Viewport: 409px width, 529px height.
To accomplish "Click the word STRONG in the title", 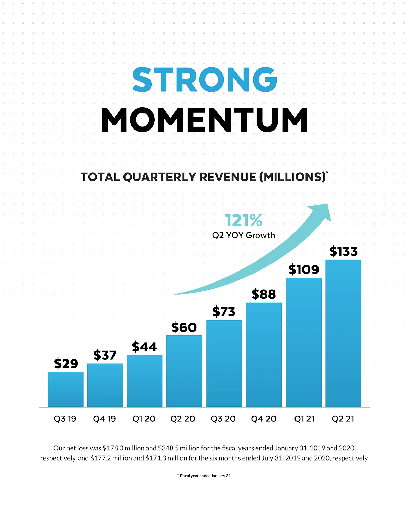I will [204, 79].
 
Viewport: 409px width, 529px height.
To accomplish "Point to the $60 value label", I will [184, 327].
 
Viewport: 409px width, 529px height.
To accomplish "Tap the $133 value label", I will [343, 251].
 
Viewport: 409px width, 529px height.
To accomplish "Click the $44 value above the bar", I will [144, 347].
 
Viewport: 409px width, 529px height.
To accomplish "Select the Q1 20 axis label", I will [144, 419].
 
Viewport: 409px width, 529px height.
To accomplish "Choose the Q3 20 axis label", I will [223, 419].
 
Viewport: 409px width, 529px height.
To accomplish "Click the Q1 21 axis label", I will [304, 419].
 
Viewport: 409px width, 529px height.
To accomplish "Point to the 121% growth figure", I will [243, 220].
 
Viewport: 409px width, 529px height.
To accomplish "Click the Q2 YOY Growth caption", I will [244, 235].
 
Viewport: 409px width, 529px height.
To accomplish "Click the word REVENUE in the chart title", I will [228, 177].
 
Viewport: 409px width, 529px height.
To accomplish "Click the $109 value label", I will [304, 270].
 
